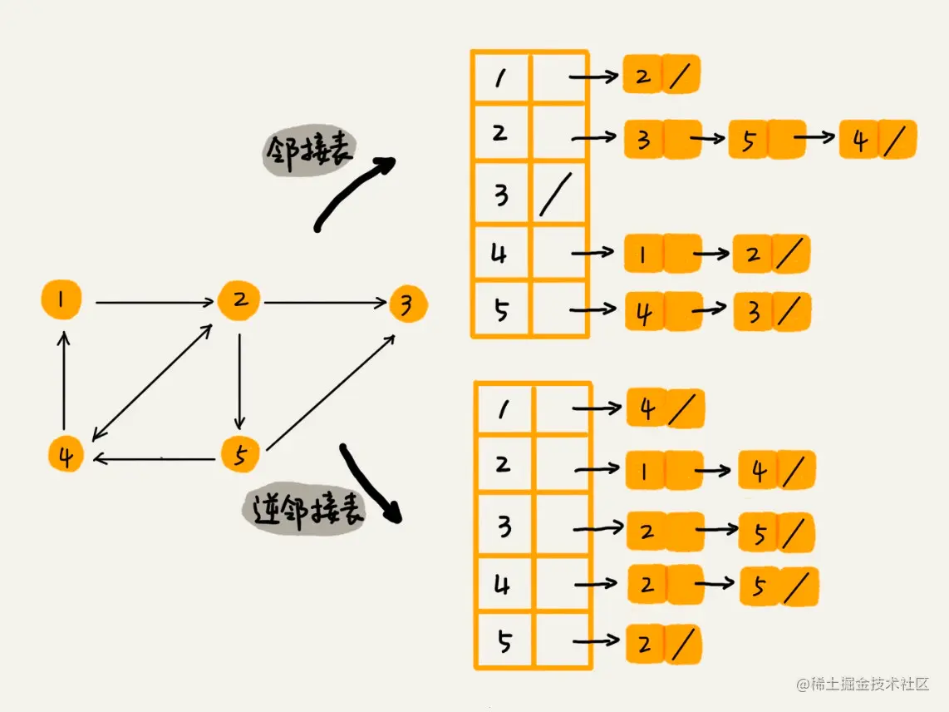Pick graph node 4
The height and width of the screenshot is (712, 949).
pos(65,455)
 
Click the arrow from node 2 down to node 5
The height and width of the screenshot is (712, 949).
pos(239,379)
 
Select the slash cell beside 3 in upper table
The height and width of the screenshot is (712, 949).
pos(558,195)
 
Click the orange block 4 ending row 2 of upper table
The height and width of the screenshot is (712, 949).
pos(878,139)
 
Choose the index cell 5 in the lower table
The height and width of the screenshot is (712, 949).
pos(504,641)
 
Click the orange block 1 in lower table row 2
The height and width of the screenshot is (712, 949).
pos(663,471)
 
